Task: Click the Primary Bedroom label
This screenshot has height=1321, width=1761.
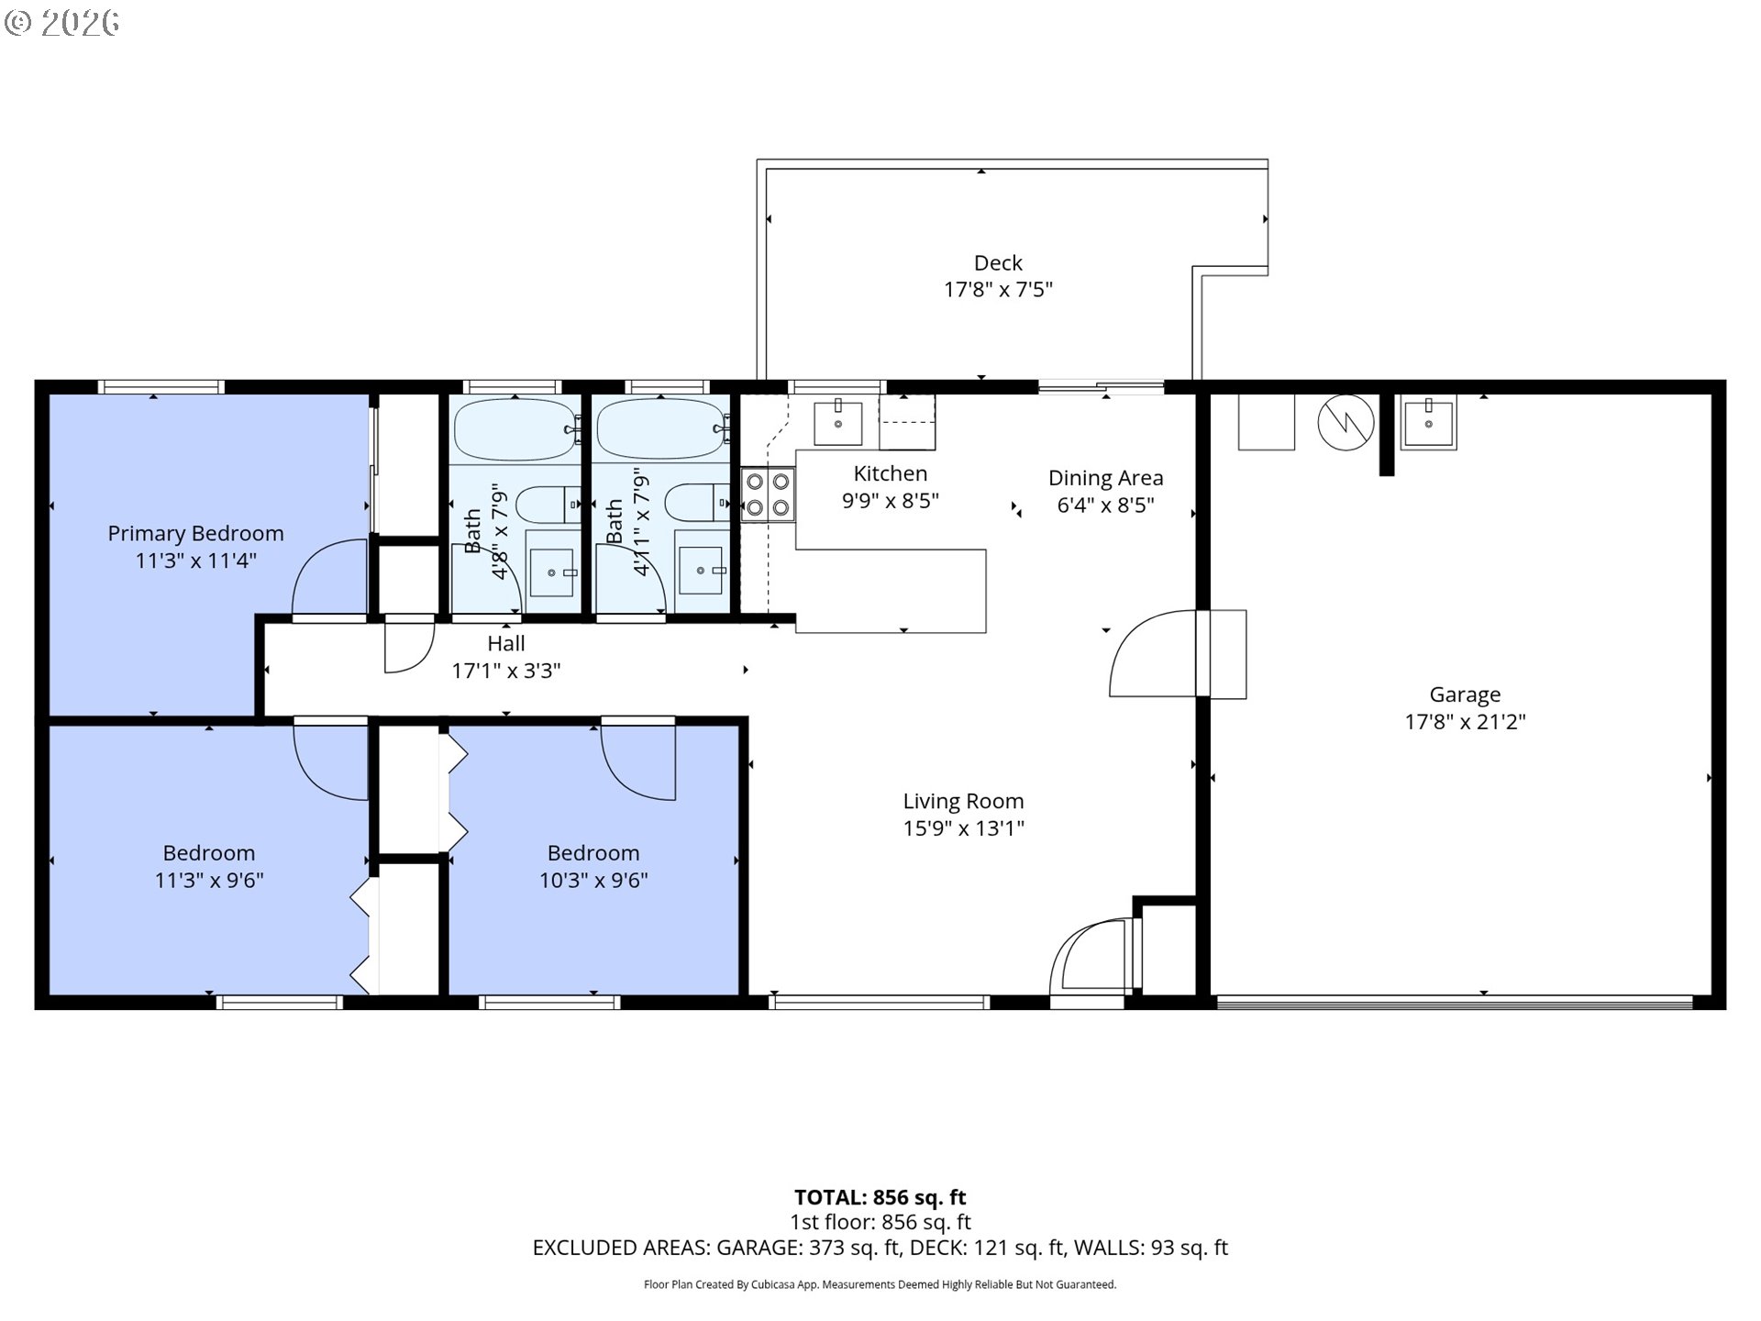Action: click(195, 533)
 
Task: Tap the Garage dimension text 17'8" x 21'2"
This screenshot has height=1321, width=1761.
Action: click(1465, 722)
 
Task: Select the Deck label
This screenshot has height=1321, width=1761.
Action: click(998, 263)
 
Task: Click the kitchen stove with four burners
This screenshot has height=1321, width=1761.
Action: click(768, 494)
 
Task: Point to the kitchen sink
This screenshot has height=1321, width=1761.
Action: click(838, 423)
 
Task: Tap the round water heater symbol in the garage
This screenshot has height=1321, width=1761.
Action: click(1346, 423)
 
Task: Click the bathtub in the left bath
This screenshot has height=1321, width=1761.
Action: click(515, 429)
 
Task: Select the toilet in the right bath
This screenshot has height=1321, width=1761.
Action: click(697, 503)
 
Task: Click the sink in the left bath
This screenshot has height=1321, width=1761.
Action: click(552, 572)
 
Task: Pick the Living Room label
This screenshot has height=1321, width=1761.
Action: click(963, 802)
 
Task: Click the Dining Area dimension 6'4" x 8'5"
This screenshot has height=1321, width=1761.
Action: click(1105, 505)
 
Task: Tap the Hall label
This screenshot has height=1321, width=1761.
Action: click(506, 643)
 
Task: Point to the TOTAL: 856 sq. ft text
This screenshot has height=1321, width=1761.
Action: click(880, 1197)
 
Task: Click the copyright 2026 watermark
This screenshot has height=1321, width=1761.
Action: click(62, 22)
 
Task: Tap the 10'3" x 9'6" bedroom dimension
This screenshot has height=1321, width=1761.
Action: click(593, 881)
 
